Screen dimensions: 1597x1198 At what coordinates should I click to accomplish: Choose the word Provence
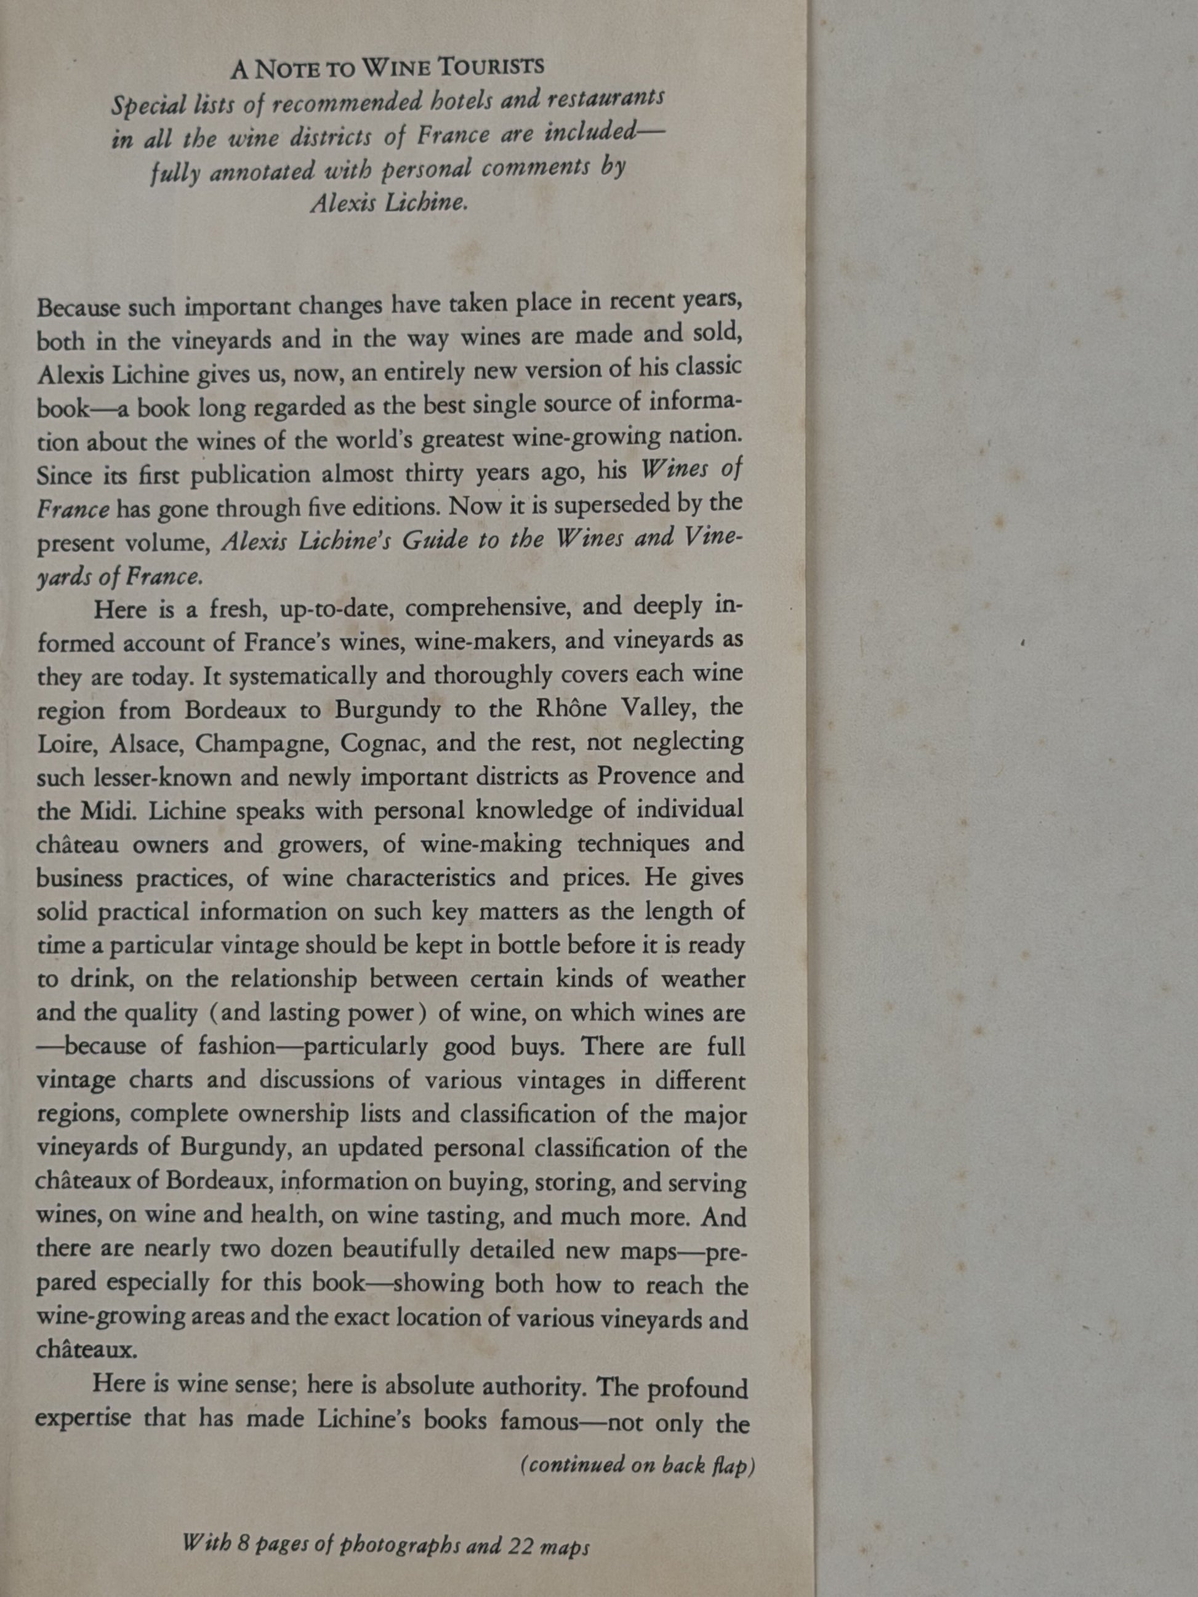(x=643, y=775)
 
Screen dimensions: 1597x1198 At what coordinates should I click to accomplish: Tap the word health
(x=284, y=1215)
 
